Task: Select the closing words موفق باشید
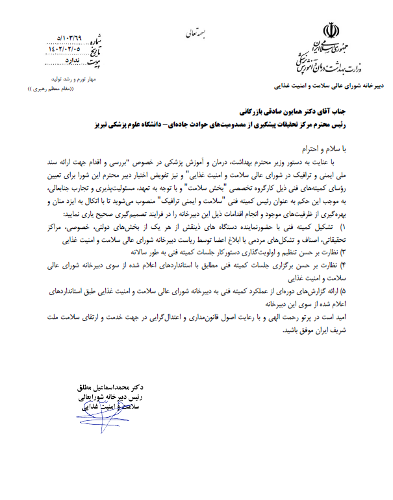pyautogui.click(x=298, y=330)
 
